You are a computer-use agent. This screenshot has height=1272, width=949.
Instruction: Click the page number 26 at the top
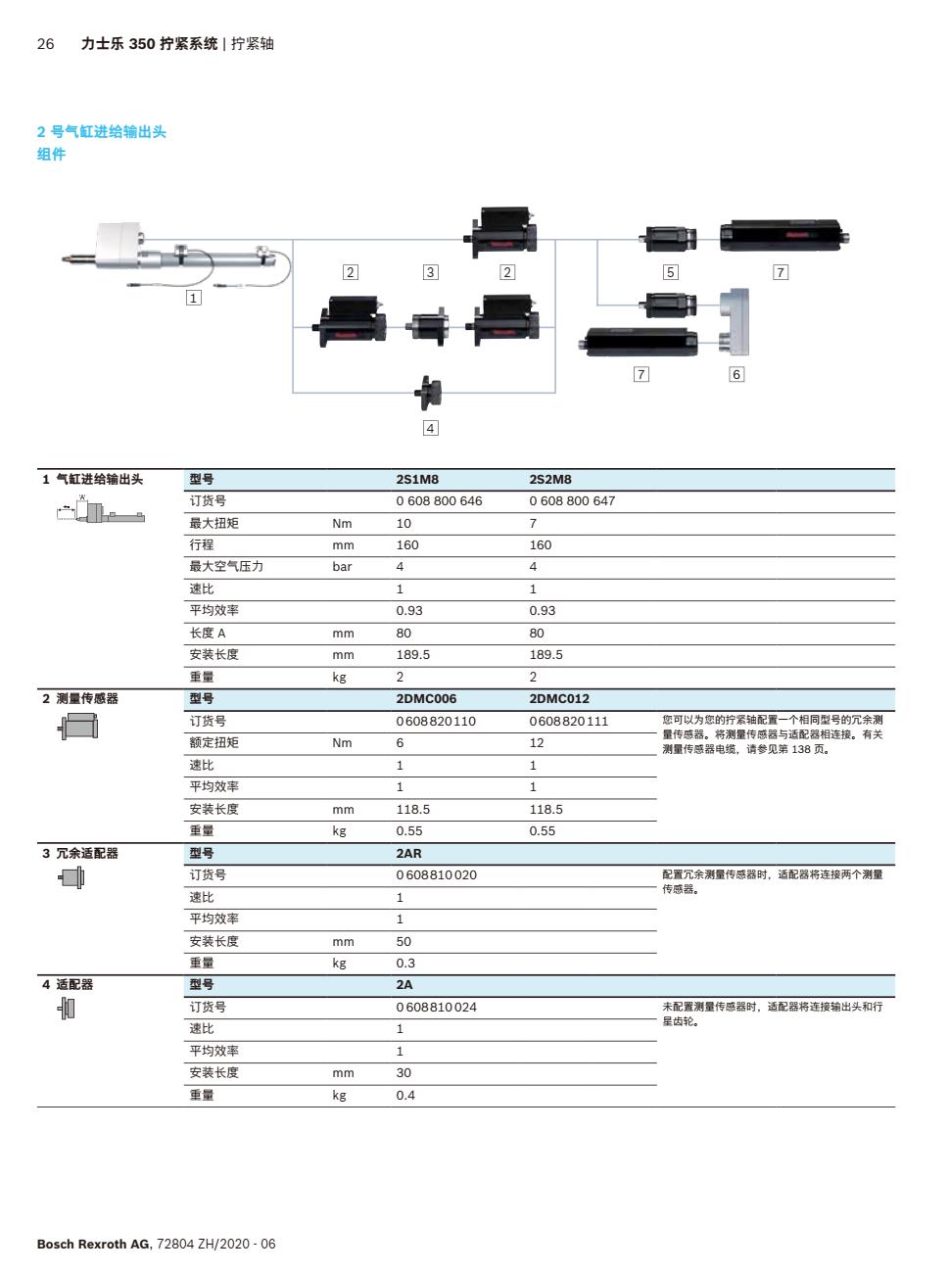click(x=45, y=44)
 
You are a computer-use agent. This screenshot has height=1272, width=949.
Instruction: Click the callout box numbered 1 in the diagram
click(x=194, y=298)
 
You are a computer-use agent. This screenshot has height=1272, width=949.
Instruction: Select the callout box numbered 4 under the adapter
click(x=430, y=428)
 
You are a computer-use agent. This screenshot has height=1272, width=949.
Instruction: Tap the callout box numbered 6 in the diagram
click(x=736, y=374)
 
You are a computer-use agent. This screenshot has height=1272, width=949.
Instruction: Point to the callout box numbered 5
click(x=670, y=272)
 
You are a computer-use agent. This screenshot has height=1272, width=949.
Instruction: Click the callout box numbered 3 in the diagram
click(x=430, y=272)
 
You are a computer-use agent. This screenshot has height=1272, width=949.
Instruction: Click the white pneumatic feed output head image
click(x=119, y=245)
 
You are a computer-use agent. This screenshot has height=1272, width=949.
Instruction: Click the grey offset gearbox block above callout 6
click(x=736, y=321)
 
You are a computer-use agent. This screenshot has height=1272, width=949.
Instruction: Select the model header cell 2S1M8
click(x=417, y=480)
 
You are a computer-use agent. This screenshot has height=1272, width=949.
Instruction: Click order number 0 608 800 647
click(x=572, y=501)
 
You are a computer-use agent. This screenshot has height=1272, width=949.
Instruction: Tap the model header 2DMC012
click(x=559, y=699)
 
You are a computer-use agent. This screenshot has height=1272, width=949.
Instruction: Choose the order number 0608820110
click(x=436, y=722)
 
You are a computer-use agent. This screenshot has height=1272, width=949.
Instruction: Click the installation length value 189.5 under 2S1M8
click(x=412, y=655)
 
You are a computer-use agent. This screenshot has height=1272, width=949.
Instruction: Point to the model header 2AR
click(x=408, y=854)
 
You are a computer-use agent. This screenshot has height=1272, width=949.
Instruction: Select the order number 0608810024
click(x=436, y=1008)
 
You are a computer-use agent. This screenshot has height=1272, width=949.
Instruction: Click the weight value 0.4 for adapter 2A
click(x=405, y=1096)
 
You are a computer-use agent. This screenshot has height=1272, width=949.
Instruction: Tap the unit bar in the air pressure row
click(x=342, y=567)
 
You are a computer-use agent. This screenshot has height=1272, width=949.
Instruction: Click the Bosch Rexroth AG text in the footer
click(x=93, y=1245)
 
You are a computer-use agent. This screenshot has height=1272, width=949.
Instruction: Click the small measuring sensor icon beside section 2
click(x=79, y=727)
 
